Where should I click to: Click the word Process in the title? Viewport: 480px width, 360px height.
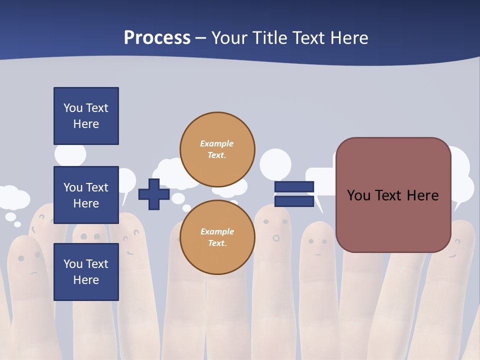[x=157, y=38]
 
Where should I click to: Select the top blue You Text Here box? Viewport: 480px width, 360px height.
[x=86, y=116]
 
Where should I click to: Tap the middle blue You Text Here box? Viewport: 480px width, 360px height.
[x=86, y=195]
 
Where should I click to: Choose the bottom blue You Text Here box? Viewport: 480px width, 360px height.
[x=86, y=272]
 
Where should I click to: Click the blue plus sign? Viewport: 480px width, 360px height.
[x=154, y=194]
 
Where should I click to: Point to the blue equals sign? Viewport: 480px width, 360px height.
[x=294, y=194]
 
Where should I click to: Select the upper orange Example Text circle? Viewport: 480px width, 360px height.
[x=217, y=149]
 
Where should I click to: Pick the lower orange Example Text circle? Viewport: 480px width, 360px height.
[x=217, y=237]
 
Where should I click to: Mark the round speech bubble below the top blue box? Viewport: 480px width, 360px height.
[x=70, y=155]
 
